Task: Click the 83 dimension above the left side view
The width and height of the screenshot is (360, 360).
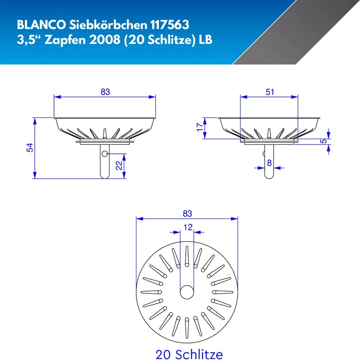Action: click(x=105, y=92)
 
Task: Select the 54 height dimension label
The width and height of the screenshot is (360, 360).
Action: click(x=29, y=148)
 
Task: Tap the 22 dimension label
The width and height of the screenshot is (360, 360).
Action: click(x=118, y=166)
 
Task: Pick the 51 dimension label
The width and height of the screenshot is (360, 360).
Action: click(x=270, y=92)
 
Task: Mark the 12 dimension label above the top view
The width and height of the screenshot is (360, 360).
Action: click(x=187, y=228)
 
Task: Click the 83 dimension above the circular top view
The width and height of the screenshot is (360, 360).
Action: click(x=187, y=213)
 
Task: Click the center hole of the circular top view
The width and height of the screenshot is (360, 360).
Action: click(x=187, y=292)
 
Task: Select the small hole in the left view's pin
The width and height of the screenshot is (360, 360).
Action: click(x=104, y=154)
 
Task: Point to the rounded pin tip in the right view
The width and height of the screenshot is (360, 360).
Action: click(x=269, y=176)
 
